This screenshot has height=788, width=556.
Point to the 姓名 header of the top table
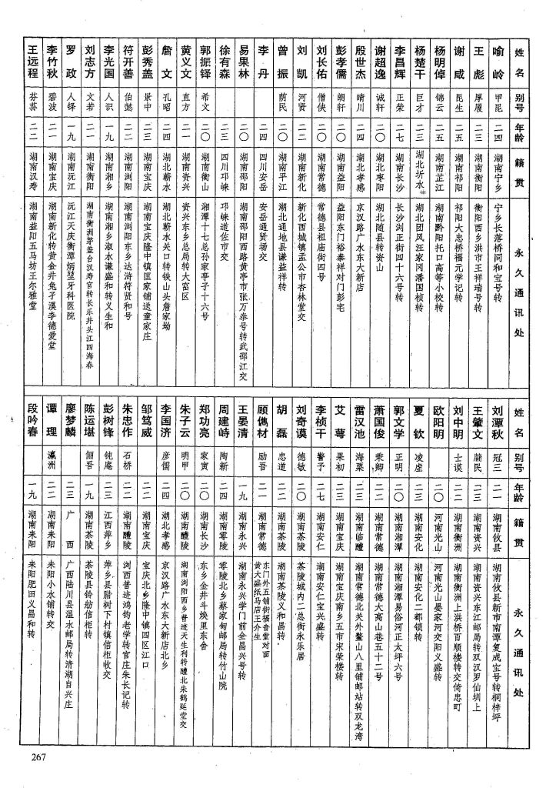[519, 61]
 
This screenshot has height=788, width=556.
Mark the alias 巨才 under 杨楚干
[420, 98]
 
